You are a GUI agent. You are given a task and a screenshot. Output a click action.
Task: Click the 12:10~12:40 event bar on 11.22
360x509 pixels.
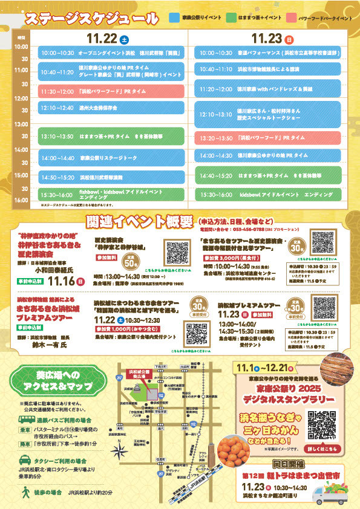(x=111, y=108)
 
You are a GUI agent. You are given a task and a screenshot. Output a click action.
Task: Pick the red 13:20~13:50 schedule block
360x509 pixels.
(x=268, y=138)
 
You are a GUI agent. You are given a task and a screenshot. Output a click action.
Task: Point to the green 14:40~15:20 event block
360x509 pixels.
(x=268, y=175)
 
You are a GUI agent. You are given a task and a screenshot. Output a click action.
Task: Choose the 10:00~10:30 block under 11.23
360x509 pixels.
(x=268, y=53)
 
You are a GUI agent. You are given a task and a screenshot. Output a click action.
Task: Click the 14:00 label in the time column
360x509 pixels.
(x=21, y=149)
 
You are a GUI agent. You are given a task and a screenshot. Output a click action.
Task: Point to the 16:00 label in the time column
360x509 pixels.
(x=21, y=199)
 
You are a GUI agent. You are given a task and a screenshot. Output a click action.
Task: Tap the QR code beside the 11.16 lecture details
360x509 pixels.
(x=178, y=251)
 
